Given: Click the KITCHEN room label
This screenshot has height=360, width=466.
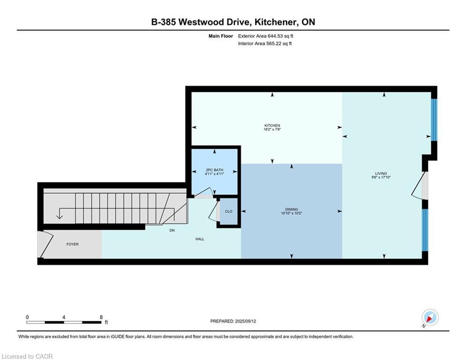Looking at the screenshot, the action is click(x=272, y=126).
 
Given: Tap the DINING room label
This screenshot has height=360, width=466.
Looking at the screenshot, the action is click(x=292, y=210).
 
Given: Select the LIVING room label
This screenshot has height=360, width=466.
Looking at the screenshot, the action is click(x=381, y=173).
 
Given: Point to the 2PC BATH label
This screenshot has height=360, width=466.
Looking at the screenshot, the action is click(x=215, y=170).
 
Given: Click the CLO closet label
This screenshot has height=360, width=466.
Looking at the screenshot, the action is click(x=229, y=211).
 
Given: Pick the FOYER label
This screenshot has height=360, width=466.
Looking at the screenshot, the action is click(x=73, y=244).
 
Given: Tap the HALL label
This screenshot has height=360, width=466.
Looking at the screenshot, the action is click(x=200, y=239).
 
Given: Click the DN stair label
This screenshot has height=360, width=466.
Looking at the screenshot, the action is click(x=172, y=230).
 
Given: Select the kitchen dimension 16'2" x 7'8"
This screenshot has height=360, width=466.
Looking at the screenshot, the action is click(x=272, y=129).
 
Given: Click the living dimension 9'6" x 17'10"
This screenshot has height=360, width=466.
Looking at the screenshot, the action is click(x=381, y=177).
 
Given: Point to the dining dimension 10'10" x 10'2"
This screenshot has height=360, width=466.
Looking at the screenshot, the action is click(x=292, y=213).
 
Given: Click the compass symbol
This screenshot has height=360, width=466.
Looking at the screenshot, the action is click(x=430, y=318).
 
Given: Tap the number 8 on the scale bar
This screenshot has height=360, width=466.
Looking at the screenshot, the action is click(x=101, y=317).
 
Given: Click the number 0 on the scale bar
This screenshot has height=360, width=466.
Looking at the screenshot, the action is click(x=27, y=317).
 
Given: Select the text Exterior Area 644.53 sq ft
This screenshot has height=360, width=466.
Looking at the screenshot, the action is click(x=266, y=36).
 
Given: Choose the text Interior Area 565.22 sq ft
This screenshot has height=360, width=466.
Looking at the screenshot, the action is click(x=265, y=44).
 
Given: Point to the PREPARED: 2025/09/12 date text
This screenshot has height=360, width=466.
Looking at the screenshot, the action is click(x=233, y=321).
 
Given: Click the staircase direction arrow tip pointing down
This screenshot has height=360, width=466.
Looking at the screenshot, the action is click(x=59, y=219).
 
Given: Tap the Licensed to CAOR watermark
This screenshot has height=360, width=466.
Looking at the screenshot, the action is click(x=27, y=356).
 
